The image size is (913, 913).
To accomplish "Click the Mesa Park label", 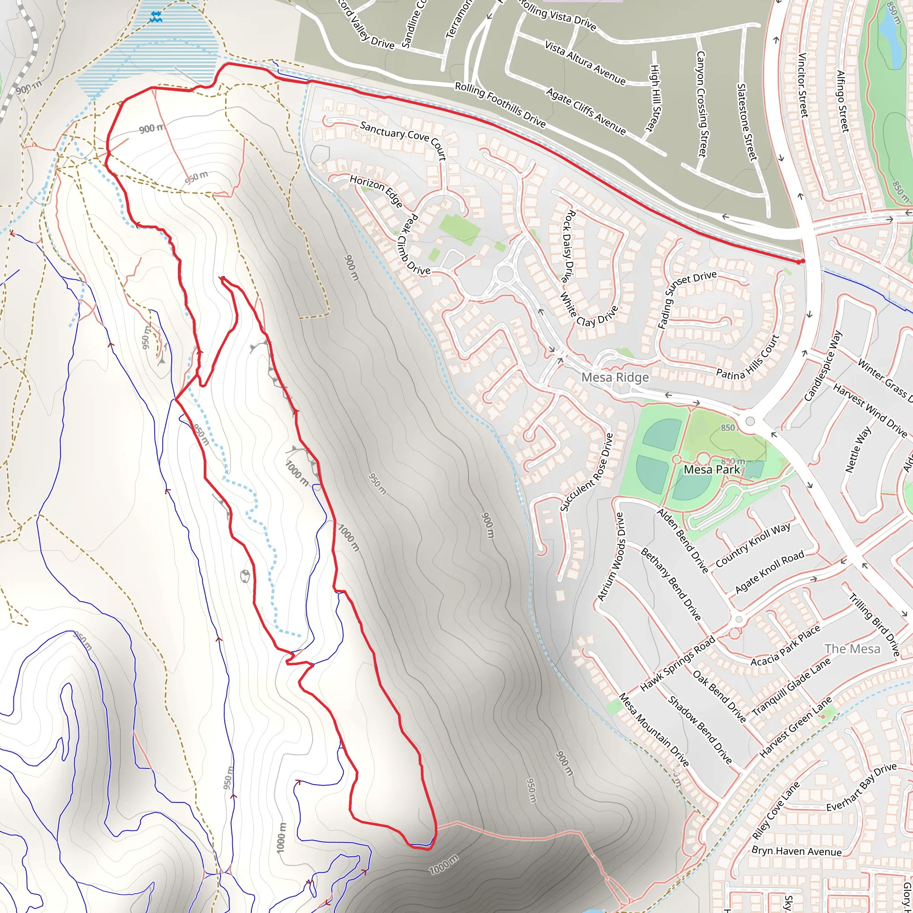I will [x=711, y=469].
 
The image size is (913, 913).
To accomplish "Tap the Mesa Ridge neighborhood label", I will [x=615, y=377].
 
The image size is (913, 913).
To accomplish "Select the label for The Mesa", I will [x=852, y=649].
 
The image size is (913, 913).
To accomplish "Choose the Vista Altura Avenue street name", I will [x=585, y=63].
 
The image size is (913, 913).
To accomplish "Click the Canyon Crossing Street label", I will [x=701, y=104].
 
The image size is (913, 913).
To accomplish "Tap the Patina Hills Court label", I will [x=748, y=358].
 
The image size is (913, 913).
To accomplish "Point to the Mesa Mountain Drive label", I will [x=654, y=730].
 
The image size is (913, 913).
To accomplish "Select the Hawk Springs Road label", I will [x=677, y=664].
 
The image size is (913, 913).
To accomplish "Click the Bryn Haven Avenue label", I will [x=796, y=851].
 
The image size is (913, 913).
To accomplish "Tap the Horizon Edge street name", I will [x=376, y=190].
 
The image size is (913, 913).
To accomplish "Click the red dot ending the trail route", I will [x=802, y=261].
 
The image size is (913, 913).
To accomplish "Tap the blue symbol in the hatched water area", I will [x=156, y=17].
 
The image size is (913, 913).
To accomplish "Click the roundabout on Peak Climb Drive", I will [x=505, y=273].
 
